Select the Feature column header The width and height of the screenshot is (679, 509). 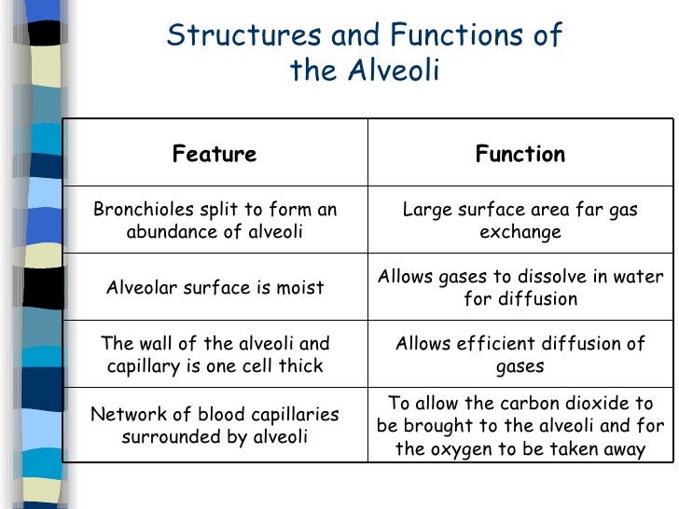[x=214, y=154]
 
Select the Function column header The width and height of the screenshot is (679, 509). [x=520, y=154]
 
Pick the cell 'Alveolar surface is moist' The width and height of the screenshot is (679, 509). [x=214, y=287]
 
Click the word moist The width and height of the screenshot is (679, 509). [x=299, y=287]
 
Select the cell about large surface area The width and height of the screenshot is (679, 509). [x=520, y=220]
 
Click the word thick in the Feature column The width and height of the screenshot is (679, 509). [x=300, y=365]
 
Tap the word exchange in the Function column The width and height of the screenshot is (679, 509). [x=520, y=231]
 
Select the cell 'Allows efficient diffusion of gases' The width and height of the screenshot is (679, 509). [x=520, y=354]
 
